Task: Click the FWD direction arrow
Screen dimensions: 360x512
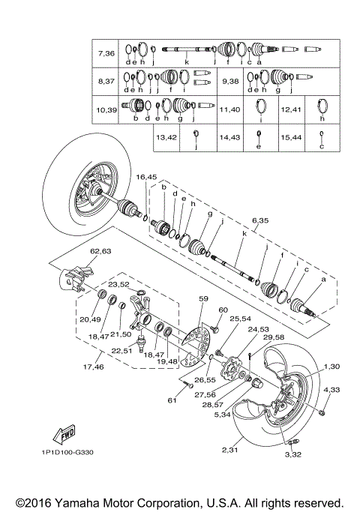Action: click(64, 435)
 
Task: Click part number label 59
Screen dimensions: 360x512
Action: click(203, 298)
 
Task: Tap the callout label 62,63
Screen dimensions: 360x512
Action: click(100, 251)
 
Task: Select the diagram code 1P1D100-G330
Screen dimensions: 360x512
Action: click(67, 452)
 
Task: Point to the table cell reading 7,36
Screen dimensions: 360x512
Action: click(106, 53)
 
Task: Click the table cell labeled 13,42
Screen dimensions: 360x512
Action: click(166, 137)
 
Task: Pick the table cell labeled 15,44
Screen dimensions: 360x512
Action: click(291, 137)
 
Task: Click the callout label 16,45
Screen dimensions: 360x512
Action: click(146, 177)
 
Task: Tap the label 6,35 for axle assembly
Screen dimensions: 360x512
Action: click(260, 220)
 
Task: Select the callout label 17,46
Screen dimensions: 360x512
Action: click(94, 367)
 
